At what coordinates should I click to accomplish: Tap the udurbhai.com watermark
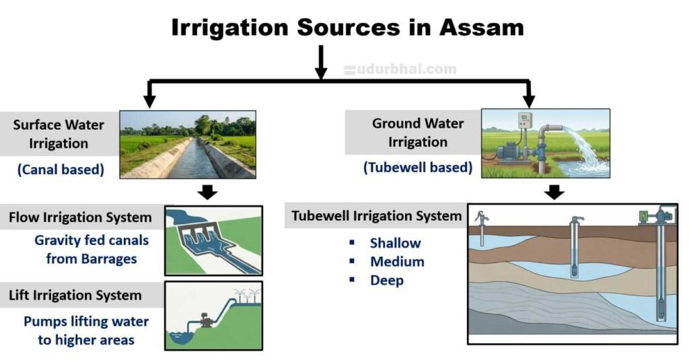[400, 69]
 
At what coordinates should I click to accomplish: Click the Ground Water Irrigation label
[418, 133]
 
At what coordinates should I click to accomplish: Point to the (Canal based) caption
[61, 170]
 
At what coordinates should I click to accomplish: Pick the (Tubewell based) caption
[417, 168]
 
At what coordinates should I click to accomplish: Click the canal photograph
[188, 144]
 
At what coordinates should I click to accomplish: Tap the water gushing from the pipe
[585, 151]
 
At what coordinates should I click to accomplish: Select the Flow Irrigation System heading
[80, 218]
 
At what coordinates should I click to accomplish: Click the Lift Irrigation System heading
[75, 295]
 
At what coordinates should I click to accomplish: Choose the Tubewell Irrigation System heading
[376, 217]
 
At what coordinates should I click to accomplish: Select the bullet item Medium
[397, 262]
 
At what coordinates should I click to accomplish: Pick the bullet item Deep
[387, 281]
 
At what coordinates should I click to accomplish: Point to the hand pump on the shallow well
[480, 218]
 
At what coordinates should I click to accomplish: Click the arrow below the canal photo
[209, 192]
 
